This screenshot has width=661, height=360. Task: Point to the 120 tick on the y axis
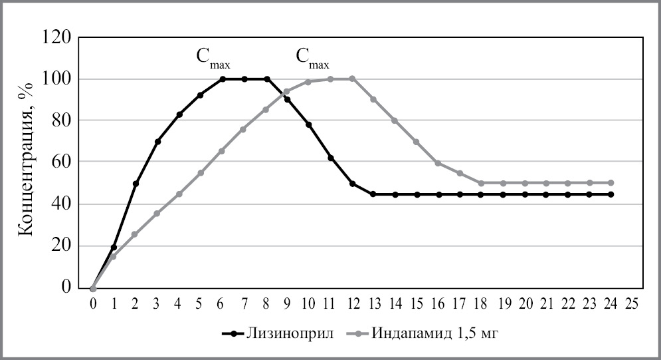(x=58, y=37)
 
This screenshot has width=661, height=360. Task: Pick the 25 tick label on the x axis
(x=633, y=303)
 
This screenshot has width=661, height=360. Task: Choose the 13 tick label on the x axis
(x=373, y=303)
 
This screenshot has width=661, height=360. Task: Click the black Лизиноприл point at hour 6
(x=223, y=79)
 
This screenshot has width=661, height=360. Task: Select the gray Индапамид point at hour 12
(x=352, y=79)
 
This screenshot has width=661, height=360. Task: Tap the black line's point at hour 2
(x=136, y=184)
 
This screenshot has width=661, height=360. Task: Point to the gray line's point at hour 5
(x=201, y=173)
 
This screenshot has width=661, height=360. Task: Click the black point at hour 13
(x=373, y=194)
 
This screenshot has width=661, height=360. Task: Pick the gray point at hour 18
(x=482, y=183)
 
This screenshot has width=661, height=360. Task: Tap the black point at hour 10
(x=309, y=124)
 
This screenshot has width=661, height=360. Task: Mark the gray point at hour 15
(x=417, y=142)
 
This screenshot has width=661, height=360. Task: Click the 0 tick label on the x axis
(x=93, y=303)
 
